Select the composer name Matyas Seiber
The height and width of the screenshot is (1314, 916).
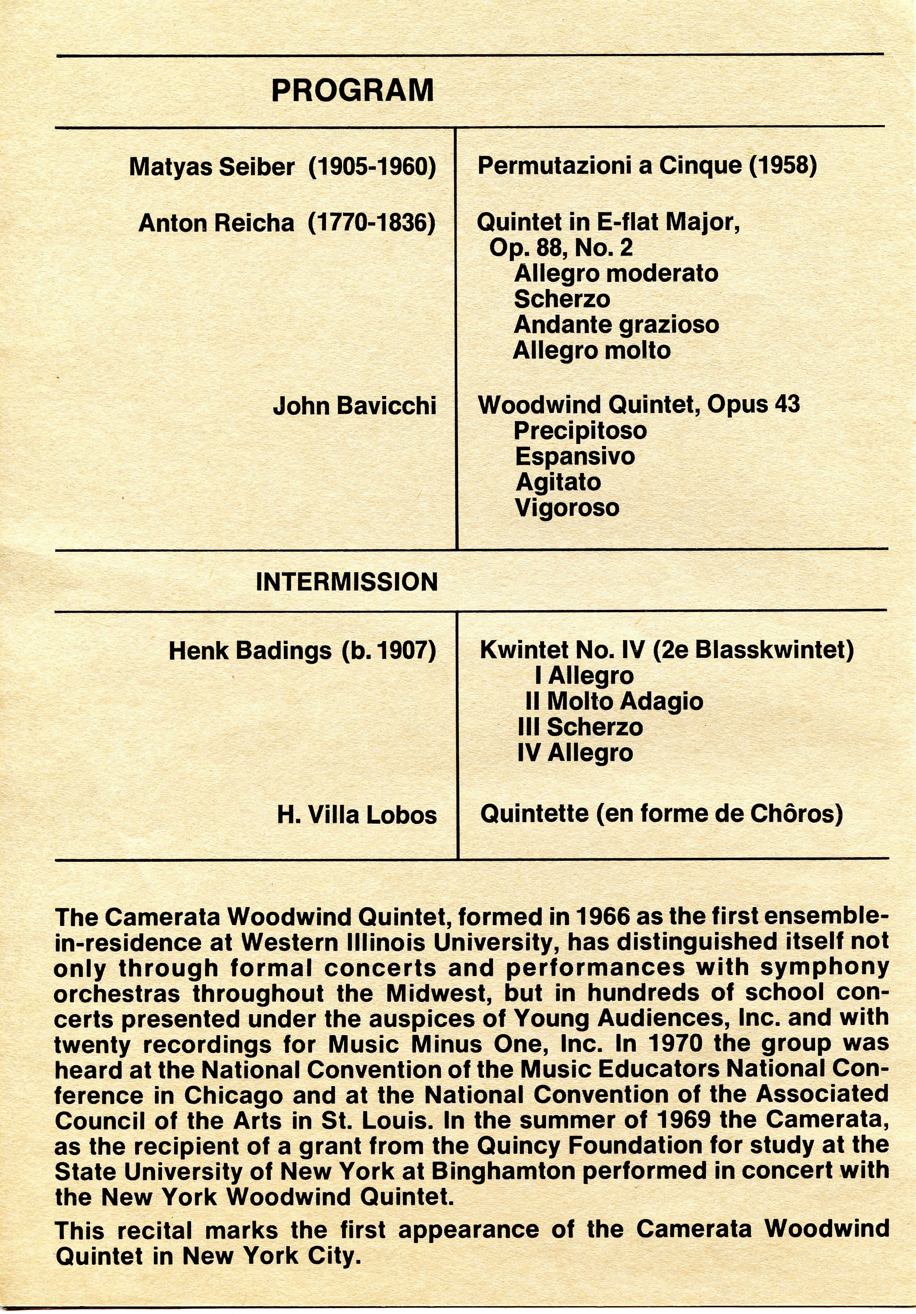coord(212,167)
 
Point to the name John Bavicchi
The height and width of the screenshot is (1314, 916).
coord(355,406)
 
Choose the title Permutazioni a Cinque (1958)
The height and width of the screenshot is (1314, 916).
coord(647,166)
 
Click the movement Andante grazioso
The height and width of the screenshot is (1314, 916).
coord(616,324)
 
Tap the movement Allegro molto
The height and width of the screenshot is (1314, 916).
coord(591,350)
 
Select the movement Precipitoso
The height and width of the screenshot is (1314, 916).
coord(580,430)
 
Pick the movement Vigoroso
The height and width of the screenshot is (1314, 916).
coord(567,508)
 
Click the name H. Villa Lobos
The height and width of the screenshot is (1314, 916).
coord(357,815)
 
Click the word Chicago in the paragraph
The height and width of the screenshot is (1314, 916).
coord(234,1095)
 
